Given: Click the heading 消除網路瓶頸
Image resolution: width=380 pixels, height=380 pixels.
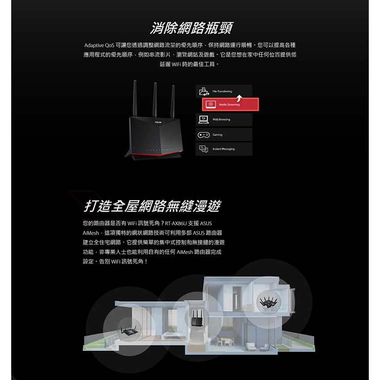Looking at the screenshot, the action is (x=191, y=28).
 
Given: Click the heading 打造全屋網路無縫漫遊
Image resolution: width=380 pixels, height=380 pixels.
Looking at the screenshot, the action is (x=152, y=206).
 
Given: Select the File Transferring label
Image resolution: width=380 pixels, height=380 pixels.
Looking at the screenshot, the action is (x=222, y=91).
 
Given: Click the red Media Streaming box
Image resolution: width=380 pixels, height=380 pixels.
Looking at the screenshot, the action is (x=230, y=105).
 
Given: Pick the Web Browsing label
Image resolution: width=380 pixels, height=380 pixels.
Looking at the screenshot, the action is (x=221, y=119).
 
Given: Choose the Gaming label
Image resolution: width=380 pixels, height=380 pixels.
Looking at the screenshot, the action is (x=217, y=135).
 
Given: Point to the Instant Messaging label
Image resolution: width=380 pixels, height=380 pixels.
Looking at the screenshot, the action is (x=224, y=149).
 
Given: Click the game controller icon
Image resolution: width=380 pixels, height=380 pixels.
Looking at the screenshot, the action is (x=204, y=135).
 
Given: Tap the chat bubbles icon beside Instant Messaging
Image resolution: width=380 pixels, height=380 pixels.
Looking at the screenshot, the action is (x=203, y=149).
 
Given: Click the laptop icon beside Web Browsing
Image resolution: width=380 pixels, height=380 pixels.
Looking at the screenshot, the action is (x=203, y=119).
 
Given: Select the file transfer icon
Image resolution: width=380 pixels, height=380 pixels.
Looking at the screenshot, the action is (x=204, y=91).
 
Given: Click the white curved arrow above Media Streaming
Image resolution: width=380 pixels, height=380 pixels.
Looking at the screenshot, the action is (x=239, y=98).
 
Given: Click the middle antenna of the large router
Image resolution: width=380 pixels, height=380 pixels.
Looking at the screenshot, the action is (x=155, y=99).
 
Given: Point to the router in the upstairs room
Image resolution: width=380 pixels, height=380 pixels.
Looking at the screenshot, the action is (x=269, y=303).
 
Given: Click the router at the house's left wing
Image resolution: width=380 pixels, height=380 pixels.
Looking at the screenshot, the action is (x=129, y=329).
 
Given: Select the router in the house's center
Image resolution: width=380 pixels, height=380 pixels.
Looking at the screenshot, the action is (x=197, y=318).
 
